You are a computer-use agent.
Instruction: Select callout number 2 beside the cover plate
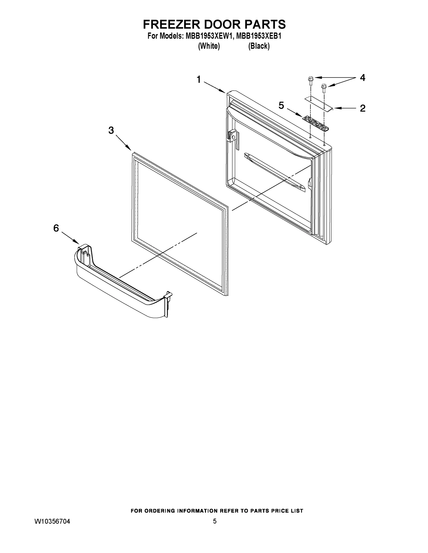click(x=362, y=108)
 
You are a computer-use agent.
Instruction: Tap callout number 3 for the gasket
click(x=111, y=130)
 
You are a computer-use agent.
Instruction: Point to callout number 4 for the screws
click(x=362, y=78)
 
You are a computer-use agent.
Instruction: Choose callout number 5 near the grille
click(x=281, y=105)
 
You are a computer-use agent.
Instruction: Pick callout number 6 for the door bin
click(x=56, y=228)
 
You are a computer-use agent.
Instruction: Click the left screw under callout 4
click(x=310, y=80)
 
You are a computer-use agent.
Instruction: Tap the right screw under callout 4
click(x=323, y=87)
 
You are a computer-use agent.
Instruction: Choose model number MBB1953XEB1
click(x=259, y=36)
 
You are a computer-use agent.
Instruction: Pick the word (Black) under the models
click(x=259, y=46)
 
